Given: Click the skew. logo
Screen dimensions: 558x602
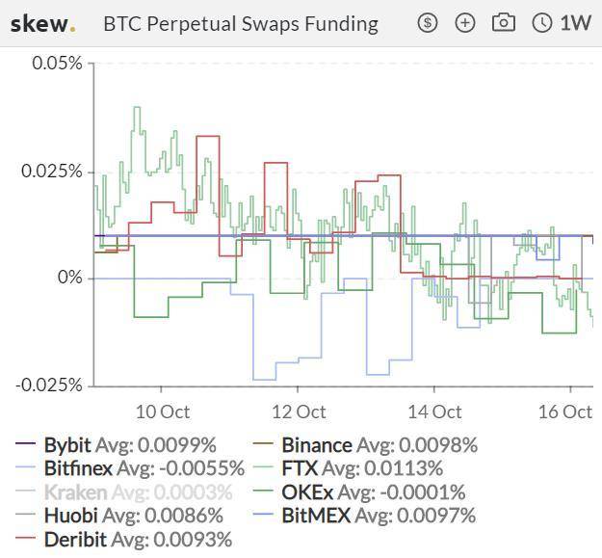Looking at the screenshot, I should coord(41,23).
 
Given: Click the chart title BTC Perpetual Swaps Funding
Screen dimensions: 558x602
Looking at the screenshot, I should coord(240,24).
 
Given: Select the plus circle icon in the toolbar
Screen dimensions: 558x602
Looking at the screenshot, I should coord(465,22).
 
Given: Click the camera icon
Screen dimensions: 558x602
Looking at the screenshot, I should coord(503,22).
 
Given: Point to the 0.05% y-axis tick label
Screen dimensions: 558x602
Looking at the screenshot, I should coord(57,64).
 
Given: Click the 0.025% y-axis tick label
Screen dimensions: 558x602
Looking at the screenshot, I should coord(53,171).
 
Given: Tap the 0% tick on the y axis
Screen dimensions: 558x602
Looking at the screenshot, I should coord(68,278).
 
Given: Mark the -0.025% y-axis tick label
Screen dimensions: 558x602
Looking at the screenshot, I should coord(49,385).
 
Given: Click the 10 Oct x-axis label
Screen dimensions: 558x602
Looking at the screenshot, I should coord(162,412).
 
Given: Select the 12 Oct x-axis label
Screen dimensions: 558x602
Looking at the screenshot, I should coord(298,412).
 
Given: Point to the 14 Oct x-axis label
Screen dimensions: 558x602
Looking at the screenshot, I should coord(434,412).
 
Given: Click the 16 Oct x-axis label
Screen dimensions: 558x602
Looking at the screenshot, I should coord(564,412).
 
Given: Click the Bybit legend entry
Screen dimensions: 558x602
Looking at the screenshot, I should coord(117,445).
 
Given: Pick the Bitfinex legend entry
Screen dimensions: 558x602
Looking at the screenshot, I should coord(131,468).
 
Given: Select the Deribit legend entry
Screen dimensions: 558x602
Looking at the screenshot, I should coord(124,540).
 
